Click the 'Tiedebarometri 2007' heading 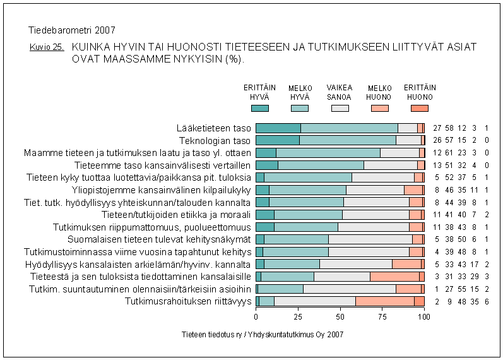tap(72, 30)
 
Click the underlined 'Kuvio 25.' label tap(46, 47)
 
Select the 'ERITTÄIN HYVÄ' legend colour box tap(260, 109)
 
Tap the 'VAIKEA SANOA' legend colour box tap(340, 109)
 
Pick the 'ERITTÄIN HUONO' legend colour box tap(419, 109)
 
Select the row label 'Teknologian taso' tap(215, 140)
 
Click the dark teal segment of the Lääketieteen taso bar tap(278, 128)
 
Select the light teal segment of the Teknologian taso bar tap(348, 140)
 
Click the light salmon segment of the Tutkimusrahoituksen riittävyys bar tap(385, 301)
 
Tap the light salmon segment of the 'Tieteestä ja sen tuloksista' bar tap(394, 277)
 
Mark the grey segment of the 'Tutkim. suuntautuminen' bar tap(350, 289)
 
